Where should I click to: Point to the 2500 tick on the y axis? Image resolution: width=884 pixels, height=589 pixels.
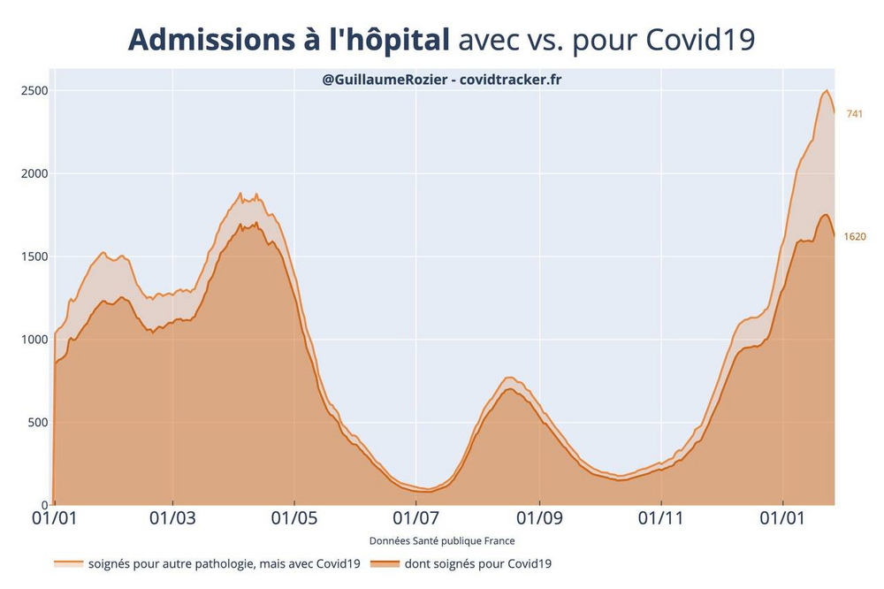[34, 90]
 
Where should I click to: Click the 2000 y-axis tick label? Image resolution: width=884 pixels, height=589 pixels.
[34, 173]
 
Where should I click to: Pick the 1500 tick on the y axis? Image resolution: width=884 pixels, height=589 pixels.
[34, 256]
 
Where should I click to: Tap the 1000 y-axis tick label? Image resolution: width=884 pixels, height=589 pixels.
[34, 339]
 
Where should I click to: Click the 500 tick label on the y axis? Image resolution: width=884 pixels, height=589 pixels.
[37, 422]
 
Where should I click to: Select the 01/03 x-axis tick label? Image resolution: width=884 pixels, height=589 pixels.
[172, 517]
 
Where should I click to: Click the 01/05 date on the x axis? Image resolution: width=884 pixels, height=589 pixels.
[294, 517]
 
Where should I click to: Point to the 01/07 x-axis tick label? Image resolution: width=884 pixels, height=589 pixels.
[416, 517]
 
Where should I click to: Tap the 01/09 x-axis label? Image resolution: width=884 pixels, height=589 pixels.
[538, 517]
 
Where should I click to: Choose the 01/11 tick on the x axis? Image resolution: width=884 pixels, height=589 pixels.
[661, 517]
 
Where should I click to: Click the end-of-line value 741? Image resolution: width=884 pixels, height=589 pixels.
[854, 114]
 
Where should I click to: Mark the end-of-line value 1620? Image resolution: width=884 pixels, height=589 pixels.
[855, 236]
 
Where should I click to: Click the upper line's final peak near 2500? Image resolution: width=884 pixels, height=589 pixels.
[826, 91]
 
